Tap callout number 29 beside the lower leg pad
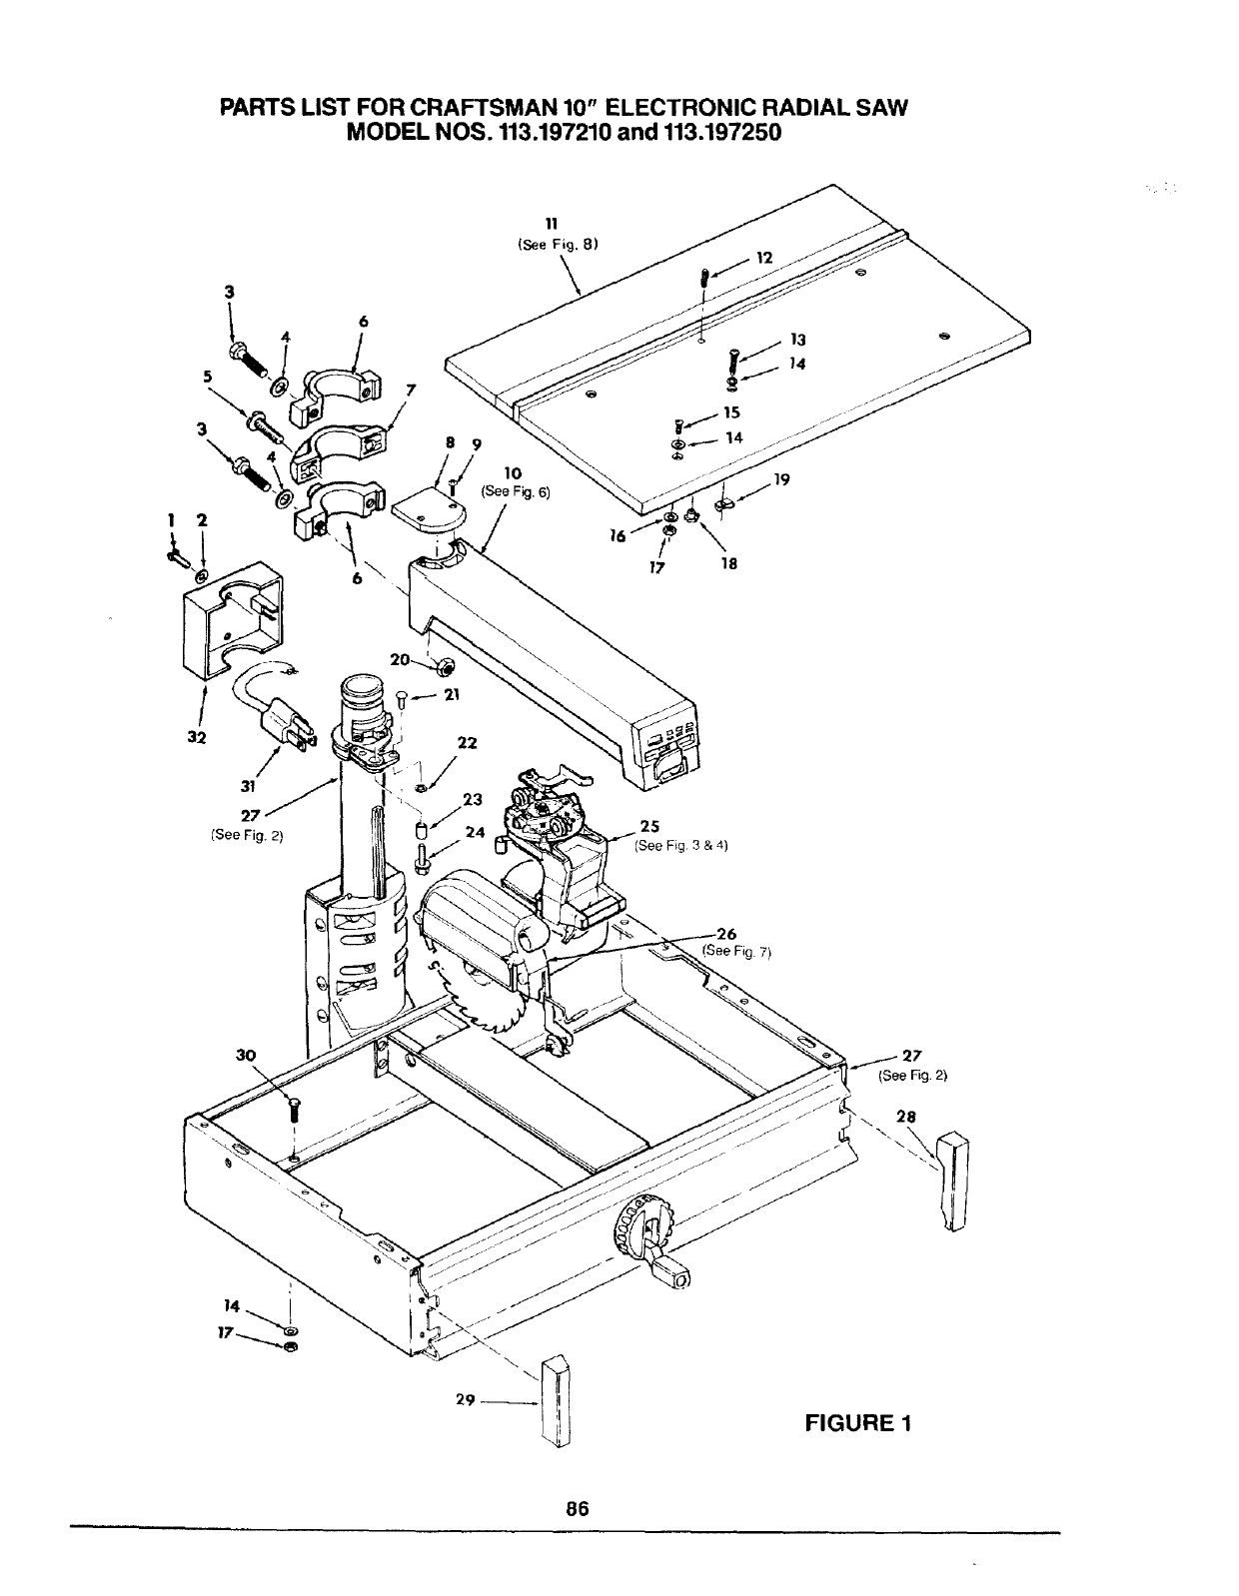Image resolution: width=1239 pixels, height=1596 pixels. (464, 1400)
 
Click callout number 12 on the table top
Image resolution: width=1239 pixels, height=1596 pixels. (764, 258)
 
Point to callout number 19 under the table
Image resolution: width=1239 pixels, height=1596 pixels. (783, 478)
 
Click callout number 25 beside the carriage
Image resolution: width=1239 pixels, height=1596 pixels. (648, 826)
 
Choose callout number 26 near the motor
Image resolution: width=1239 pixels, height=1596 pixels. (727, 935)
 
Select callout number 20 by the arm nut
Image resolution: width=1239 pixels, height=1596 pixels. (401, 659)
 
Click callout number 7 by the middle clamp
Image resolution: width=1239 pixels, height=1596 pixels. (410, 389)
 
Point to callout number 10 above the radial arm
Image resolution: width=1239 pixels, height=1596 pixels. (515, 472)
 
